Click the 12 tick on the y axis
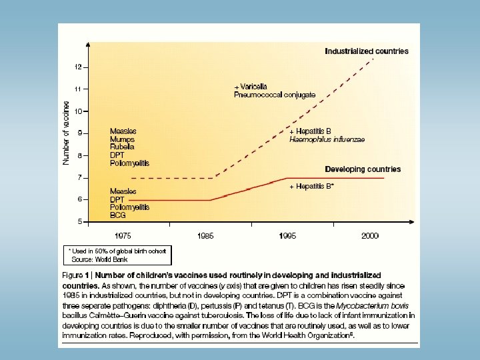pyautogui.click(x=79, y=67)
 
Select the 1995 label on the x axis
pyautogui.click(x=289, y=235)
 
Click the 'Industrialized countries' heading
pyautogui.click(x=367, y=51)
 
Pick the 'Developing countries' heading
pyautogui.click(x=363, y=169)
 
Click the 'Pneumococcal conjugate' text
pyautogui.click(x=275, y=95)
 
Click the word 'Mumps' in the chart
pyautogui.click(x=122, y=139)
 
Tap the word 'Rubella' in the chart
pyautogui.click(x=123, y=147)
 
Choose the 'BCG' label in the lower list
pyautogui.click(x=119, y=215)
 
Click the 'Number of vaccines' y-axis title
pyautogui.click(x=67, y=137)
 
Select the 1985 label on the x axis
pyautogui.click(x=206, y=235)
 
